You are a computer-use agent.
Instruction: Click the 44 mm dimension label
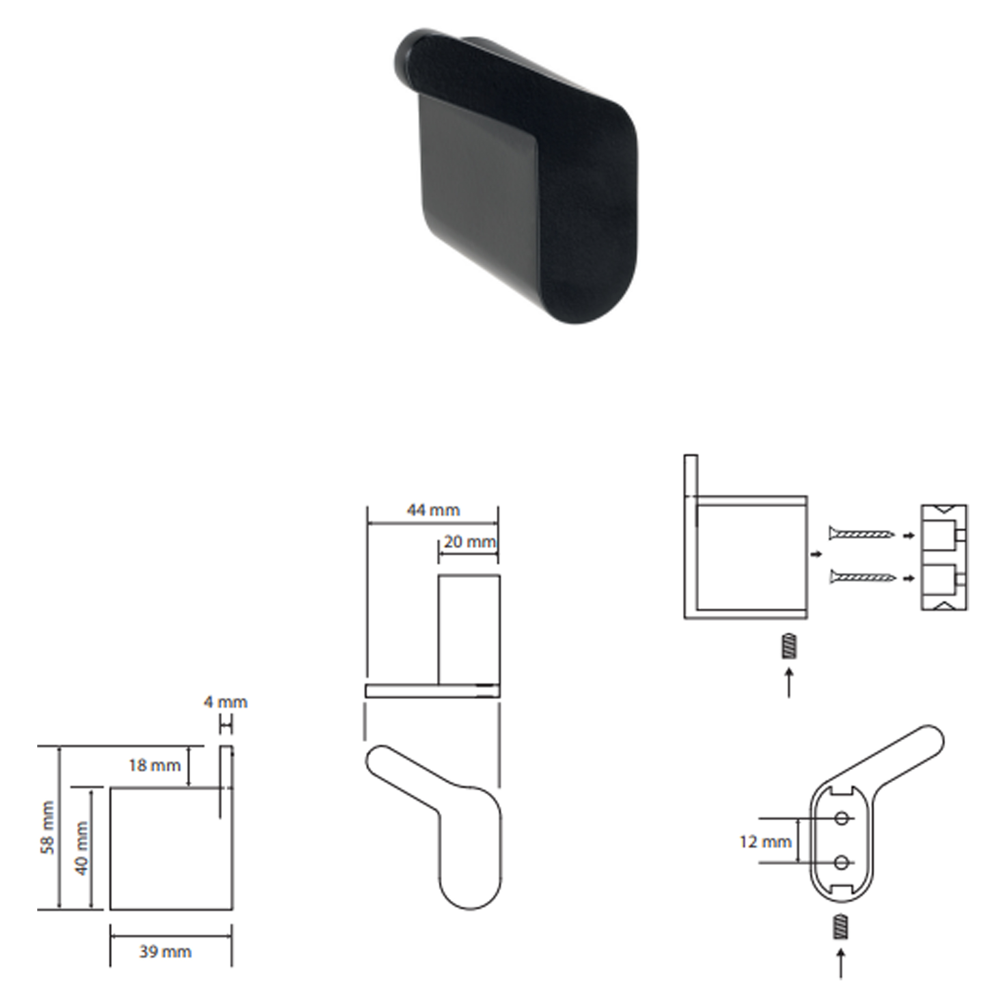433,510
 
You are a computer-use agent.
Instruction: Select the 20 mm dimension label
470,542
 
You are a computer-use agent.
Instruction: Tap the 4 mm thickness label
225,702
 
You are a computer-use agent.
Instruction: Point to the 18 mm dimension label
154,766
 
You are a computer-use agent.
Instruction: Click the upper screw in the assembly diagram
862,534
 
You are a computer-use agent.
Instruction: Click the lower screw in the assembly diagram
862,576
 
